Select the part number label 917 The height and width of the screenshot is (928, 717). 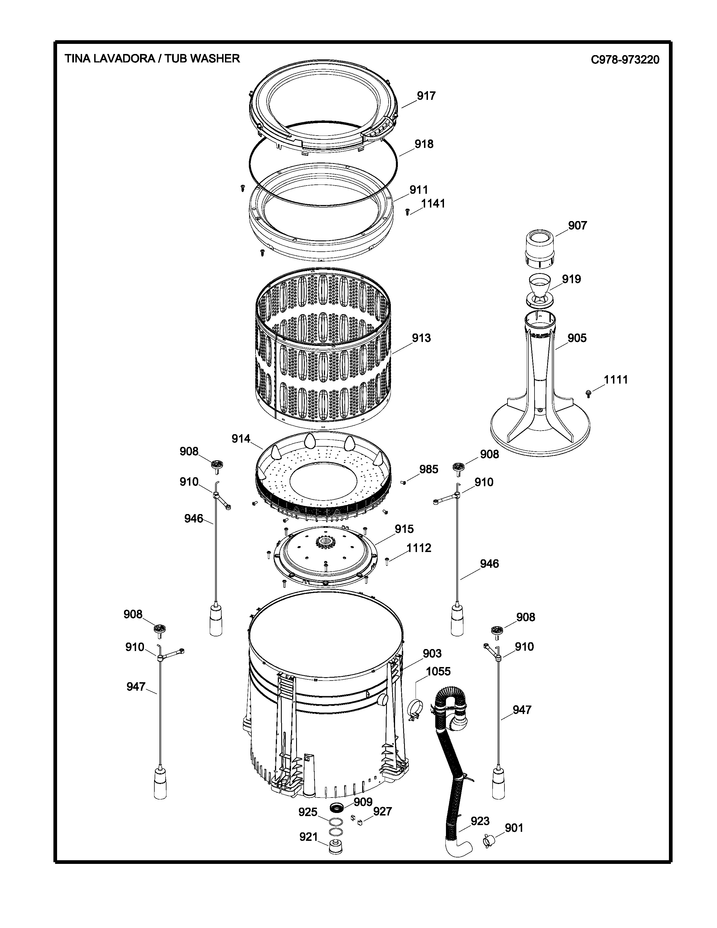click(426, 96)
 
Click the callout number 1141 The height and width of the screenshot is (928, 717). click(433, 204)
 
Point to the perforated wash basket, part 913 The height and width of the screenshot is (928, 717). click(323, 348)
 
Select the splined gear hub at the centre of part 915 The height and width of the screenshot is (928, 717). click(325, 542)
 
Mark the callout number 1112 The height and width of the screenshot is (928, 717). click(419, 548)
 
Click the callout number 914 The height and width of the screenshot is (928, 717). click(241, 438)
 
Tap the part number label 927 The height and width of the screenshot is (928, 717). click(382, 812)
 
